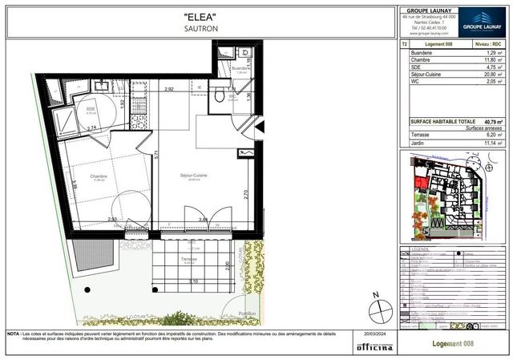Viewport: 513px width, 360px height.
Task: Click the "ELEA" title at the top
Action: point(200,15)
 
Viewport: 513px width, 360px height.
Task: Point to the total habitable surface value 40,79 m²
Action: point(491,120)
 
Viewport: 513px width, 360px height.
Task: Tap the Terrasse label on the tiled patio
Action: point(188,260)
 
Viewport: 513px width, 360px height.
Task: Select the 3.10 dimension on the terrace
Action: point(194,281)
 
